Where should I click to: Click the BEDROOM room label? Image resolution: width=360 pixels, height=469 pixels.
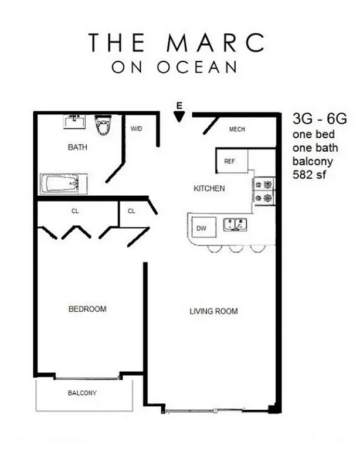[x=87, y=309]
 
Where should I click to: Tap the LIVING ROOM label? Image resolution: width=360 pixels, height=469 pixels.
[x=213, y=311]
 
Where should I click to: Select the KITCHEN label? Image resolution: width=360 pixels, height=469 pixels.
[x=209, y=189]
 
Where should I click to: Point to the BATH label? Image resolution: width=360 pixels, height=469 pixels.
[x=77, y=147]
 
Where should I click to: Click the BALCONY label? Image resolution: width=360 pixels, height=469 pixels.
[x=82, y=393]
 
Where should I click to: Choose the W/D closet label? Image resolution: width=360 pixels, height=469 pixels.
[x=137, y=129]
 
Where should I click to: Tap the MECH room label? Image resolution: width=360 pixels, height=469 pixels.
[x=237, y=130]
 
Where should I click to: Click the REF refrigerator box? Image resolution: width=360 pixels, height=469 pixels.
[x=230, y=162]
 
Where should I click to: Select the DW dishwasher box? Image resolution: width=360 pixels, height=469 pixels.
[x=202, y=227]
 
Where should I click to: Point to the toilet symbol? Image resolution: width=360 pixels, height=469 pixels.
[x=104, y=125]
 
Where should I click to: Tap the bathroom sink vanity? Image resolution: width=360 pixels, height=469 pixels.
[x=74, y=122]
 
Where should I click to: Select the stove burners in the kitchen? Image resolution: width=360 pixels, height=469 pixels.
[x=263, y=191]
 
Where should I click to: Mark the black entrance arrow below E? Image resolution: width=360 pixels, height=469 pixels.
[x=180, y=117]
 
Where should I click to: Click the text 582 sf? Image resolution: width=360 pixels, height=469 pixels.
[x=308, y=175]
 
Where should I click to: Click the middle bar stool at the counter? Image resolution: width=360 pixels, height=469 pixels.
[x=236, y=248]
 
